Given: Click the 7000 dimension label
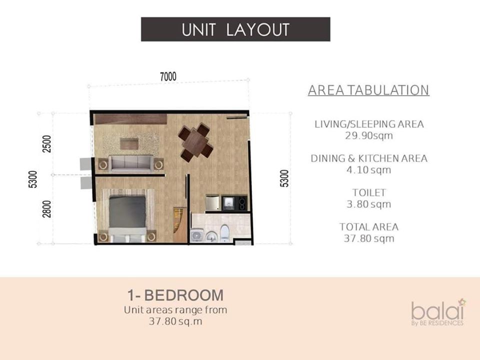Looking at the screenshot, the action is coord(168,76).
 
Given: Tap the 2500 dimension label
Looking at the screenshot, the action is coord(47,144).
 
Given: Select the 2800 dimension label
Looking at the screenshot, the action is coord(47,209).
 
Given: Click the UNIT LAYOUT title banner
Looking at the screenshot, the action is coord(235,29).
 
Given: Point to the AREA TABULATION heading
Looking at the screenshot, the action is coord(368,90).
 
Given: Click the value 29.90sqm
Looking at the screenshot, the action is coord(369,135).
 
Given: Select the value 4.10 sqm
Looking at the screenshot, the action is coord(369,170).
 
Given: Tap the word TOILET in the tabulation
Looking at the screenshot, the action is coord(369,192).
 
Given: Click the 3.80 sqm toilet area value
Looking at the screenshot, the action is coord(369,204).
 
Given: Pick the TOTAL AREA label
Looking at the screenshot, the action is coord(369,227).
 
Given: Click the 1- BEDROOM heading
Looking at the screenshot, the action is coord(175,295).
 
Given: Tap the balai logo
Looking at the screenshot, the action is coord(438,312).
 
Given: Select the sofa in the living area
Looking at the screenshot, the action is coord(131,164).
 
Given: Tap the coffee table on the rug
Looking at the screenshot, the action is coord(129,144).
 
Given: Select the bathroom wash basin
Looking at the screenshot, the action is coord(211,236).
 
